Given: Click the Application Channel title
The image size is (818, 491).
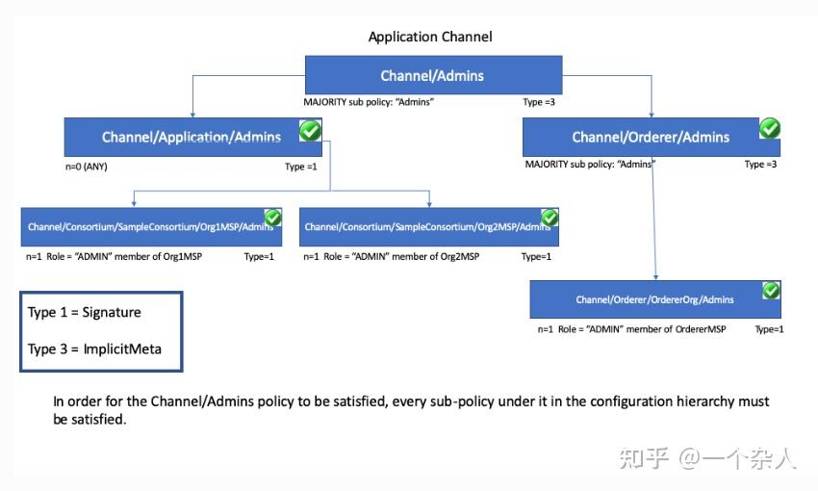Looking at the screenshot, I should pyautogui.click(x=430, y=37).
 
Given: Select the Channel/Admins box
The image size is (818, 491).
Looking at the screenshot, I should pyautogui.click(x=433, y=75).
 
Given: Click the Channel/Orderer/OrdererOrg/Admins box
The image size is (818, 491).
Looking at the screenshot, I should pyautogui.click(x=654, y=299).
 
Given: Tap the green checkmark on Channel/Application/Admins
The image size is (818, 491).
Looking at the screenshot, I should pyautogui.click(x=310, y=131).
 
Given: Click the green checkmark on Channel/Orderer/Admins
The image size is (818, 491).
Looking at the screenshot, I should pyautogui.click(x=769, y=128).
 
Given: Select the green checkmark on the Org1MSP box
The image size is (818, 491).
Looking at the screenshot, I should pyautogui.click(x=272, y=218).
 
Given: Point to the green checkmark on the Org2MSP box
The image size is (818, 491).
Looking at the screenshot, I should pyautogui.click(x=550, y=218).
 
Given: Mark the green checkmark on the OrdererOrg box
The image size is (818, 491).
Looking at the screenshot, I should pyautogui.click(x=771, y=290).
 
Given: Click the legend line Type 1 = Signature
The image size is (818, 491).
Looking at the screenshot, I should pyautogui.click(x=85, y=313).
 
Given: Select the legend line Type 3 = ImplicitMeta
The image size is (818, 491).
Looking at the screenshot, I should pyautogui.click(x=94, y=349).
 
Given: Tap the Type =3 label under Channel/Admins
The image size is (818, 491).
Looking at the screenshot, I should pyautogui.click(x=539, y=101).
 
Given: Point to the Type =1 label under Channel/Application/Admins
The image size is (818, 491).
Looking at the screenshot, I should pyautogui.click(x=301, y=167).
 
